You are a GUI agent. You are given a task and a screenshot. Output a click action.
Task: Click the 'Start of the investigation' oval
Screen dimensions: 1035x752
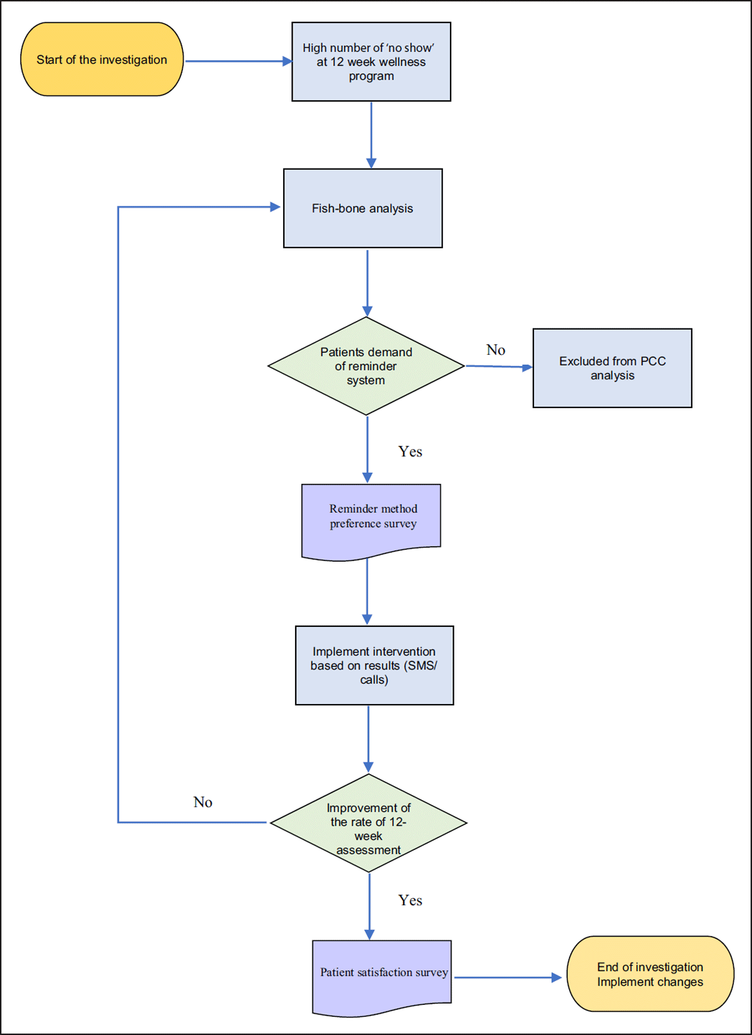click(102, 60)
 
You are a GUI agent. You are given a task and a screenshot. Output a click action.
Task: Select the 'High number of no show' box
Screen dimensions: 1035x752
click(371, 61)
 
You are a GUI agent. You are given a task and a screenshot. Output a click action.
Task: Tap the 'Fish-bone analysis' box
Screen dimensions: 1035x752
click(363, 208)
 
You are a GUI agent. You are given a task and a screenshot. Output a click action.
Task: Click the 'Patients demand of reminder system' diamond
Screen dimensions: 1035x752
click(366, 366)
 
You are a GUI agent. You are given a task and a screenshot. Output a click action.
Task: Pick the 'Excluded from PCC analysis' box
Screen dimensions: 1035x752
click(612, 368)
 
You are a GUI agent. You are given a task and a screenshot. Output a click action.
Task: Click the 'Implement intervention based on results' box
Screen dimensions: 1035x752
click(374, 665)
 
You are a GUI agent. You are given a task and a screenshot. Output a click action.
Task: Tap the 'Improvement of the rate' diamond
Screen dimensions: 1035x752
click(368, 823)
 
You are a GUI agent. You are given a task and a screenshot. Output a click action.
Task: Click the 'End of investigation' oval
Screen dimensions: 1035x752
click(650, 974)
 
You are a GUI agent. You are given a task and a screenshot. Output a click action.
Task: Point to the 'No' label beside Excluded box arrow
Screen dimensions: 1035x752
click(496, 350)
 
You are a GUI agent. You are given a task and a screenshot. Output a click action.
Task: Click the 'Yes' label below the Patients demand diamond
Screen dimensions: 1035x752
click(410, 451)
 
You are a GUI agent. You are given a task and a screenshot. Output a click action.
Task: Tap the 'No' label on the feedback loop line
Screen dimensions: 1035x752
click(202, 802)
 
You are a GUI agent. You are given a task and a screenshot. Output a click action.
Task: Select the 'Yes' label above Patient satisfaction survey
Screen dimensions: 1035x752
click(410, 900)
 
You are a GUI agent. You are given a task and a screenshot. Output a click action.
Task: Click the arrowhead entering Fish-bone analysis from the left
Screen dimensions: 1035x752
click(274, 207)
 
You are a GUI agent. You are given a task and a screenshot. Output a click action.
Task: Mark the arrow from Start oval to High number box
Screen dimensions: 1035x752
click(238, 61)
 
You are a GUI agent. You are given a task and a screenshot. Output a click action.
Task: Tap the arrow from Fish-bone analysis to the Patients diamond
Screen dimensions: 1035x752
click(367, 282)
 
